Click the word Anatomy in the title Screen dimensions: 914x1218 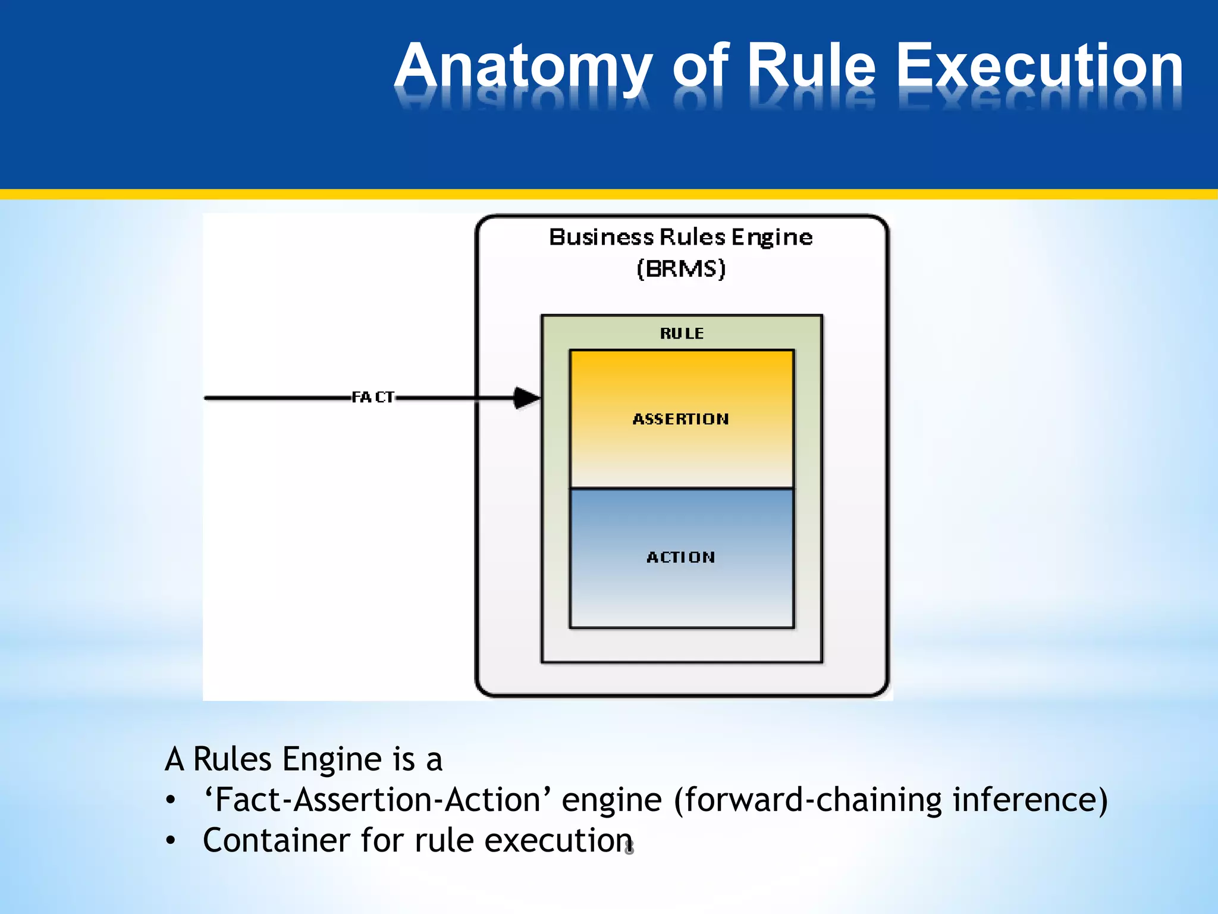pos(523,67)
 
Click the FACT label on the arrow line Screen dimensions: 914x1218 pos(373,397)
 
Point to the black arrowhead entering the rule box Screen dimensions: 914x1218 pos(526,397)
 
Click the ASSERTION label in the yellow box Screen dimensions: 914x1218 pos(680,419)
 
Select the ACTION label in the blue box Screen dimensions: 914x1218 pos(680,557)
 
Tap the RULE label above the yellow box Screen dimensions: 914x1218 pos(682,333)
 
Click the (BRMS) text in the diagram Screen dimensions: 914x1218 pos(681,269)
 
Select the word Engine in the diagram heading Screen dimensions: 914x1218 pos(772,237)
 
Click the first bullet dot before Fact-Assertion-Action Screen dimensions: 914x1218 pos(171,800)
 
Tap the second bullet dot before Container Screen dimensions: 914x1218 pos(171,841)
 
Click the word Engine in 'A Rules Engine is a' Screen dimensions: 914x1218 pos(331,760)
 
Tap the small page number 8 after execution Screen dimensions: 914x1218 pos(629,848)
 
